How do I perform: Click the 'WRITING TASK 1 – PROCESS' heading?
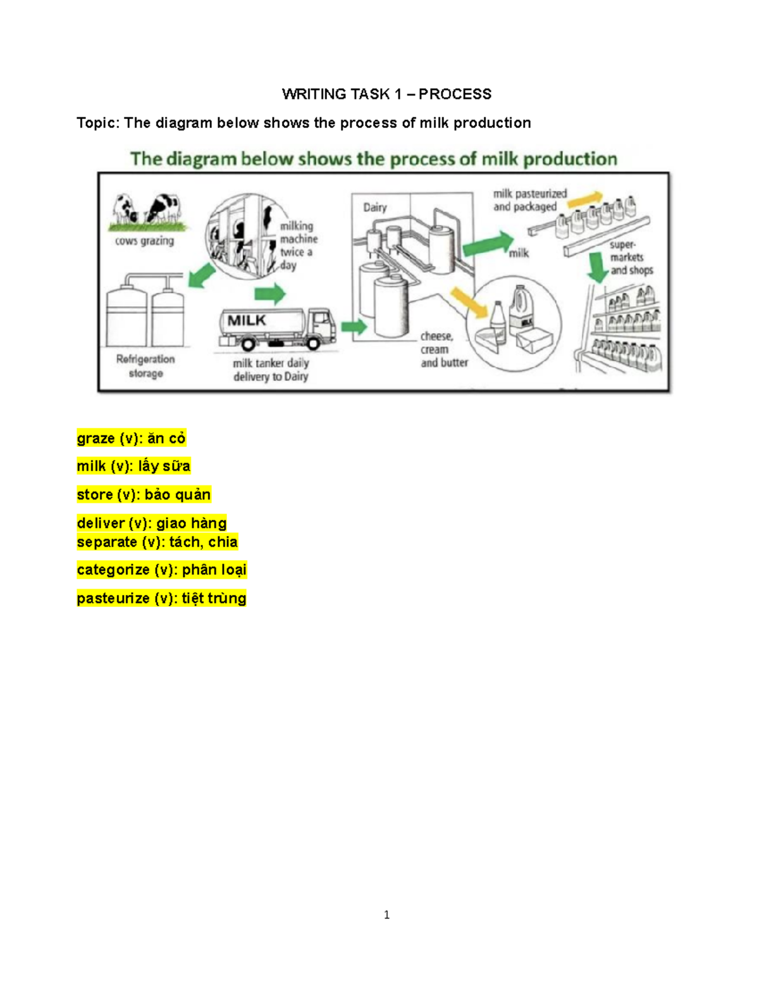pos(386,94)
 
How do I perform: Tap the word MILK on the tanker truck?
pos(247,321)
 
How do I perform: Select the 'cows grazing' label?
pos(144,241)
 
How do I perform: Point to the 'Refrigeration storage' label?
pos(145,366)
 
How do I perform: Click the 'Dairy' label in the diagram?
pos(374,208)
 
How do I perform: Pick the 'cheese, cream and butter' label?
pos(444,349)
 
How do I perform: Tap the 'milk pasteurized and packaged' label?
pos(530,200)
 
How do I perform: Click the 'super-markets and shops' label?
pos(631,258)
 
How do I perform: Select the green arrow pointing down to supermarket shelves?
pos(596,267)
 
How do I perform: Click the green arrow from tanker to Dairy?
pos(354,327)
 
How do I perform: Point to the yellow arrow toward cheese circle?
pos(469,302)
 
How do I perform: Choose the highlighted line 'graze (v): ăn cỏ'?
pos(131,438)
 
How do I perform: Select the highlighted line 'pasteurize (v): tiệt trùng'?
pos(161,598)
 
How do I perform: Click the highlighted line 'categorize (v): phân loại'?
pos(161,570)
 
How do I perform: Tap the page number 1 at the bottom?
pos(386,915)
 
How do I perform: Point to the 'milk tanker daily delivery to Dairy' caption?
pos(271,370)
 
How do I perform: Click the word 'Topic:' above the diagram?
pos(98,123)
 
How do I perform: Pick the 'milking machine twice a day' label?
pos(298,246)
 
